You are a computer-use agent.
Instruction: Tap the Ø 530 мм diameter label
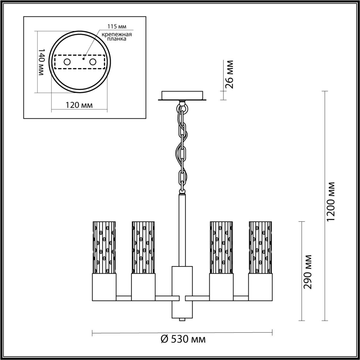pyautogui.click(x=183, y=339)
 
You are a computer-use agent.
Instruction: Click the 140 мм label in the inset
pyautogui.click(x=41, y=62)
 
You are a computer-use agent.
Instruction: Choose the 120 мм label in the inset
pyautogui.click(x=79, y=105)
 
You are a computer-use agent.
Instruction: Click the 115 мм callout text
pyautogui.click(x=117, y=26)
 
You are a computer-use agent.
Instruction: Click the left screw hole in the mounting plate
pyautogui.click(x=67, y=62)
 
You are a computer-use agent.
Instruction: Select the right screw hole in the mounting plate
pyautogui.click(x=93, y=62)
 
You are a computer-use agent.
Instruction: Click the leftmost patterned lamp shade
pyautogui.click(x=104, y=247)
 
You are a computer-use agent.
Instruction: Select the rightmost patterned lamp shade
pyautogui.click(x=260, y=247)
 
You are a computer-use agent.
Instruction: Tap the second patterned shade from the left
pyautogui.click(x=143, y=247)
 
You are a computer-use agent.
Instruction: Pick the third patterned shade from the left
pyautogui.click(x=221, y=247)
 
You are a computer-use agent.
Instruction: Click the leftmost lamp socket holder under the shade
pyautogui.click(x=104, y=287)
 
